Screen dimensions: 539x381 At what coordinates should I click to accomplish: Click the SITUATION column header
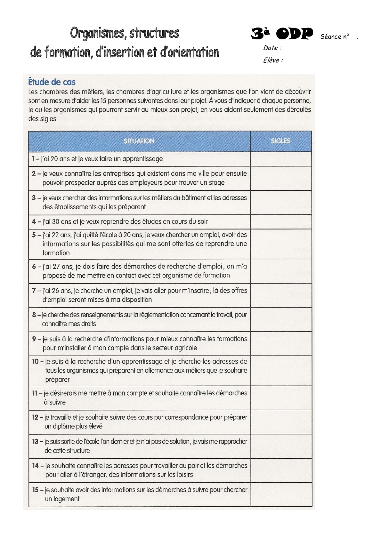pos(139,141)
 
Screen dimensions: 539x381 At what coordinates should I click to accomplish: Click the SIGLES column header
pos(280,141)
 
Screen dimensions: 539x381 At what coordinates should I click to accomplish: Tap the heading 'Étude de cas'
pos(52,82)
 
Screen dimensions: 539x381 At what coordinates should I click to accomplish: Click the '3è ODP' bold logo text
pos(282,34)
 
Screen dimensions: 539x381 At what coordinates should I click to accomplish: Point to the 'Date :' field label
pos(272,48)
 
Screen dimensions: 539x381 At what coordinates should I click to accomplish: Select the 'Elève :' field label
pos(273,60)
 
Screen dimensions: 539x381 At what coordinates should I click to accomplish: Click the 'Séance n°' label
pos(335,37)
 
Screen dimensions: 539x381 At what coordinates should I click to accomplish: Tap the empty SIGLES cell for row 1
pos(281,159)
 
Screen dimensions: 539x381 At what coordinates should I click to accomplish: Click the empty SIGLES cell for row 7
pos(281,295)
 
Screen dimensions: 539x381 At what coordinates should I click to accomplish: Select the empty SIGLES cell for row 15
pos(281,495)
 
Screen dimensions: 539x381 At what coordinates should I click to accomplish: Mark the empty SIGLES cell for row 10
pos(281,371)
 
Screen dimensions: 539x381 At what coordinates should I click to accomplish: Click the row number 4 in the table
pos(34,221)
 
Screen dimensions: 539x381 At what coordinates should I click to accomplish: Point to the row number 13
pos(35,442)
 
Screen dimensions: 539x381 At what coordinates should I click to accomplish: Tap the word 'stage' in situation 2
pos(217,183)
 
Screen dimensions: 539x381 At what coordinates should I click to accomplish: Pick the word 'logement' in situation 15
pos(66,499)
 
